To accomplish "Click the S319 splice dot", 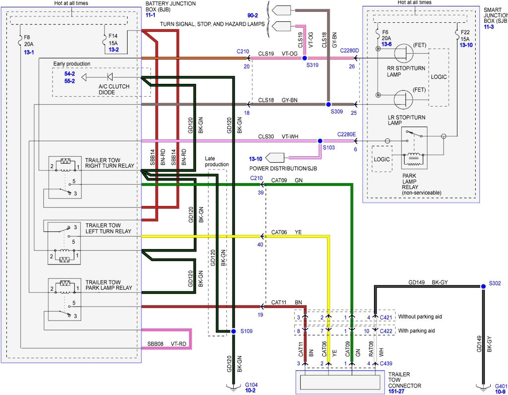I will tap(305, 59).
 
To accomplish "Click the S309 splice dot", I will tap(327, 105).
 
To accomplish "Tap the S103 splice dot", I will tap(320, 141).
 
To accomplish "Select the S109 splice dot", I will tap(233, 331).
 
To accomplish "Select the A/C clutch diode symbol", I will tap(110, 77).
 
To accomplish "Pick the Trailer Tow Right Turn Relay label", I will tap(110, 163).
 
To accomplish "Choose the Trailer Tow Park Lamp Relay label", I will tap(109, 285).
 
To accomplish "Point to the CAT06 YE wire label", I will tap(286, 232).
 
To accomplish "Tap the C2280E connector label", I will tap(347, 134).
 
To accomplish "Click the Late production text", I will tap(217, 161).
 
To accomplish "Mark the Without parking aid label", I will tap(412, 317).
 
